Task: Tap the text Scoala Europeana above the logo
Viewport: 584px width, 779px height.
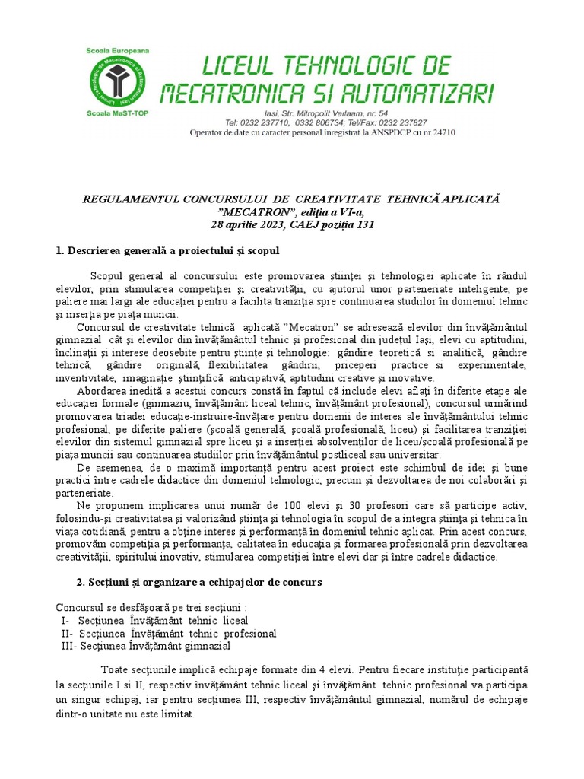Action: click(118, 50)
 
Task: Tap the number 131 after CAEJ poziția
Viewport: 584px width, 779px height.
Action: click(365, 225)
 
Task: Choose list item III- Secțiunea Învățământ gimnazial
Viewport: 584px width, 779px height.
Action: click(145, 646)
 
